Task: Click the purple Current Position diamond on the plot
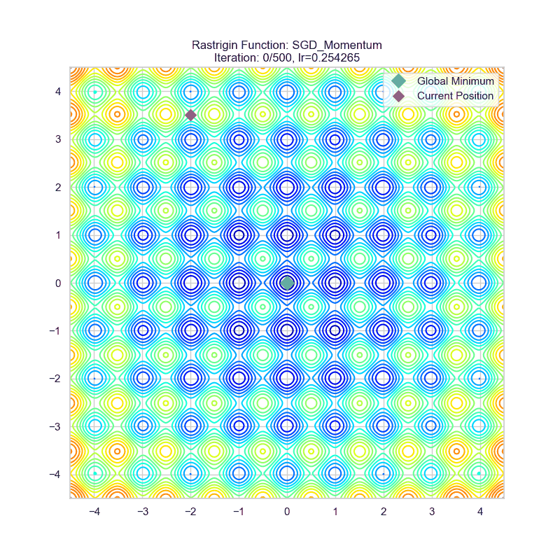point(190,115)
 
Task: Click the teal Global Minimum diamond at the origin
point(287,283)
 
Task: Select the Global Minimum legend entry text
point(455,81)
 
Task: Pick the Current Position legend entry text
point(455,96)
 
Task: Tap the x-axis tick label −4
point(94,512)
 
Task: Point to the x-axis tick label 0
point(287,512)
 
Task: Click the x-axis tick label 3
point(431,512)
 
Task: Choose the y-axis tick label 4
point(59,91)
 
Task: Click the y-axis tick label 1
point(59,234)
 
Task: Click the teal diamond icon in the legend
point(399,81)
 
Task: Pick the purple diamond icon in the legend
point(399,96)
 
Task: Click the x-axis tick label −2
point(190,512)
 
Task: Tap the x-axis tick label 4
point(479,512)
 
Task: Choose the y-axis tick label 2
point(59,187)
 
